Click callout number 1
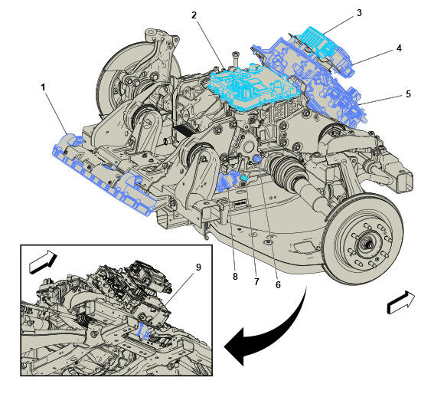pos(43,87)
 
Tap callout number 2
pos(194,15)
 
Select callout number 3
pos(359,13)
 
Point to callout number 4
pos(399,48)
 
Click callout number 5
pos(408,94)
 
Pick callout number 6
pos(278,284)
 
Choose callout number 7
pos(256,282)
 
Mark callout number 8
pos(235,277)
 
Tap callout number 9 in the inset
pos(198,267)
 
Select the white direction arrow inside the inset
pos(43,262)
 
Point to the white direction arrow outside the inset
pos(400,302)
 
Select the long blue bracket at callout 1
pos(105,174)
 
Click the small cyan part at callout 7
pos(244,178)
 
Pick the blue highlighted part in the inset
pos(143,331)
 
